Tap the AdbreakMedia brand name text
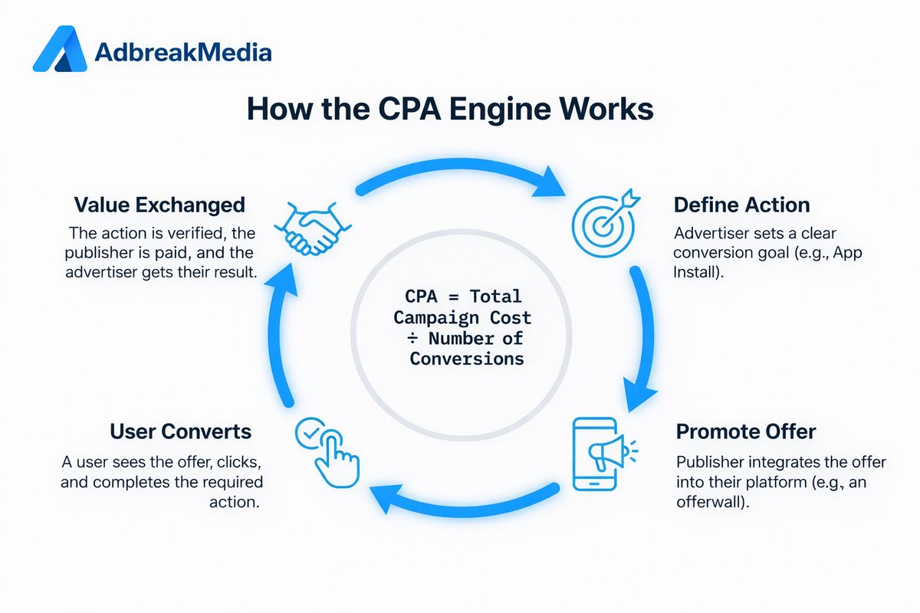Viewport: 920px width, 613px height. (x=182, y=53)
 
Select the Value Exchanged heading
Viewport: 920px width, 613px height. (x=159, y=205)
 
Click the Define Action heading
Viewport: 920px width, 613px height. (x=741, y=205)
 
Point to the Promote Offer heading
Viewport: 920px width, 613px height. (x=746, y=431)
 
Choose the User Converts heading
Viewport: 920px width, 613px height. (x=180, y=431)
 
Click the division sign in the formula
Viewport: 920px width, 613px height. (x=416, y=338)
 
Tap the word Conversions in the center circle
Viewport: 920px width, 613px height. (x=466, y=358)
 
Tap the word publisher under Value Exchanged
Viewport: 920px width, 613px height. (x=110, y=252)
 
